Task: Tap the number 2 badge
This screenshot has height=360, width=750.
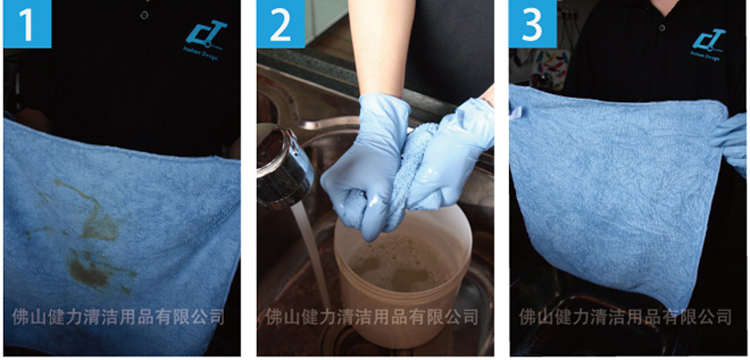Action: pos(280,24)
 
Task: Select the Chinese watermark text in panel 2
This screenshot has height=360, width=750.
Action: pos(371,317)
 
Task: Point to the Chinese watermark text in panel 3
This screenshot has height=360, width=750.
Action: pos(625,317)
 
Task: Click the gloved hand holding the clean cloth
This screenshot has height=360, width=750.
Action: pos(733,140)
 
